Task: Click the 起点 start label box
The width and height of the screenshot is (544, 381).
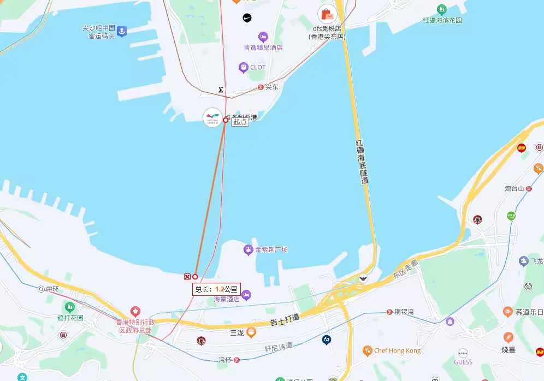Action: pyautogui.click(x=240, y=122)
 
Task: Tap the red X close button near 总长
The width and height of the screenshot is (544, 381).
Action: pyautogui.click(x=187, y=277)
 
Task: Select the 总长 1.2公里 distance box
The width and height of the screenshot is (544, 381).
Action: pyautogui.click(x=216, y=289)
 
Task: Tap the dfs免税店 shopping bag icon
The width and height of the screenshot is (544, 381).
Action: pyautogui.click(x=327, y=14)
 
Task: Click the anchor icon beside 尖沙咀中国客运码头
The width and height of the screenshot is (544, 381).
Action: pyautogui.click(x=122, y=31)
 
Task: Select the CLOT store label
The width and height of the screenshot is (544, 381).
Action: pyautogui.click(x=257, y=68)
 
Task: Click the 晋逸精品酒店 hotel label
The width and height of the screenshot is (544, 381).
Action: pyautogui.click(x=263, y=47)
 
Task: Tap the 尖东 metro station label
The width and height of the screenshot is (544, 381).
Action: pyautogui.click(x=271, y=87)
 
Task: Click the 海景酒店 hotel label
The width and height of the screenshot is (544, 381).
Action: pyautogui.click(x=227, y=299)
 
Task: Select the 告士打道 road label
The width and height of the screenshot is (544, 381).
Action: pyautogui.click(x=285, y=320)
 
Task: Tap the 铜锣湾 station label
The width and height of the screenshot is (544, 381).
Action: pyautogui.click(x=404, y=312)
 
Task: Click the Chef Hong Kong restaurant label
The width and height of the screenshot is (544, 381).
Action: pyautogui.click(x=397, y=350)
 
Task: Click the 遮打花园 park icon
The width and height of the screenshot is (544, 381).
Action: pyautogui.click(x=69, y=307)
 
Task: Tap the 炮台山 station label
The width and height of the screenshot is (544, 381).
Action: pyautogui.click(x=515, y=189)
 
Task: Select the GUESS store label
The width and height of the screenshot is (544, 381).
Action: pyautogui.click(x=463, y=362)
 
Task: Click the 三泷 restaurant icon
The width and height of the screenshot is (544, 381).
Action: pyautogui.click(x=251, y=331)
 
